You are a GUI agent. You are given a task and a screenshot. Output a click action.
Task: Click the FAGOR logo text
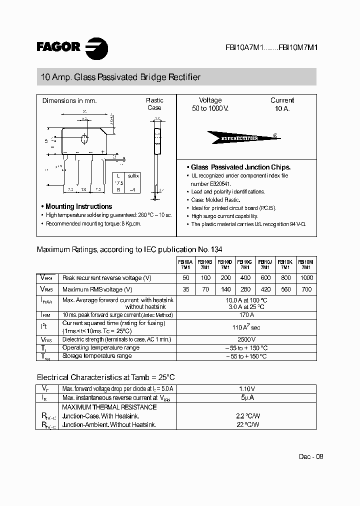click(x=58, y=47)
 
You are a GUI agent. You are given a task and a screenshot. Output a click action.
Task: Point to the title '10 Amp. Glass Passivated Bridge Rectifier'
click(x=120, y=77)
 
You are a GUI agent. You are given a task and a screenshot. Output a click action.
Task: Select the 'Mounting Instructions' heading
click(x=78, y=206)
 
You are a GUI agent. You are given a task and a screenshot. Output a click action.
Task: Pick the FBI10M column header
click(x=306, y=264)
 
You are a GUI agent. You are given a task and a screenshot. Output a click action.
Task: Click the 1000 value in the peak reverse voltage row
click(x=306, y=278)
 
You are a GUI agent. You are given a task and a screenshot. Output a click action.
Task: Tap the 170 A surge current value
click(x=246, y=315)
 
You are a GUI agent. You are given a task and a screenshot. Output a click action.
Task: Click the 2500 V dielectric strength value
click(x=246, y=339)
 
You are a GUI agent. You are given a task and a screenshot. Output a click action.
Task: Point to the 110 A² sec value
click(x=246, y=327)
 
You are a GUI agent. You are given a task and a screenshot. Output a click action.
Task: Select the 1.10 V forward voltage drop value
click(x=246, y=389)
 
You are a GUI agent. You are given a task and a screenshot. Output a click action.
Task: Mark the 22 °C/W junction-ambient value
click(x=246, y=424)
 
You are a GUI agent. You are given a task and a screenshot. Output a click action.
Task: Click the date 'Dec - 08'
click(x=311, y=456)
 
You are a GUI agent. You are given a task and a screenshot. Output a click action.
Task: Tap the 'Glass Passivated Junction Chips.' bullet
click(x=241, y=167)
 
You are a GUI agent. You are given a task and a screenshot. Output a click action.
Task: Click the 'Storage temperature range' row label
click(x=97, y=356)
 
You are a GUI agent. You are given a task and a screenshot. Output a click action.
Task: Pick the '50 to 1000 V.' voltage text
click(x=210, y=108)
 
